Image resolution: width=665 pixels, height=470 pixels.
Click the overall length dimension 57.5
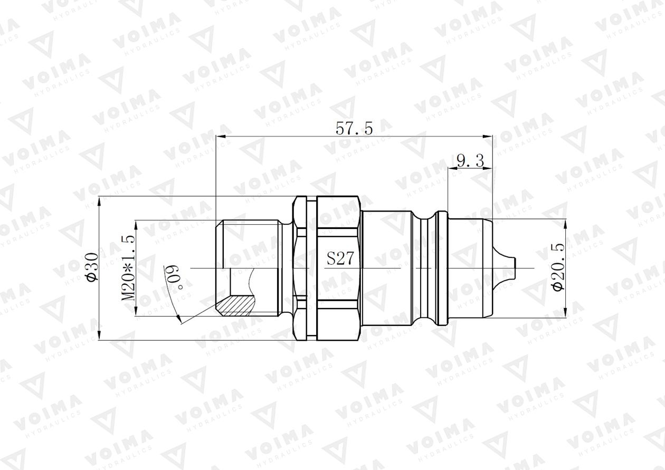(x=354, y=128)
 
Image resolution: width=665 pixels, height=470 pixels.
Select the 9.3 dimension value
(x=470, y=161)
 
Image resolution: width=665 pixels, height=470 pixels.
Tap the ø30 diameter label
(x=92, y=268)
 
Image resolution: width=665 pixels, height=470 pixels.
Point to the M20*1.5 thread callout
(x=129, y=268)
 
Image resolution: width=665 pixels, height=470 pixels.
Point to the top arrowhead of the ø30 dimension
(x=99, y=200)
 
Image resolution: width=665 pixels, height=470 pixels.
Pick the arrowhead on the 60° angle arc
(x=179, y=318)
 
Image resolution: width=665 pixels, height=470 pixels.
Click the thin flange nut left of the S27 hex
(x=300, y=268)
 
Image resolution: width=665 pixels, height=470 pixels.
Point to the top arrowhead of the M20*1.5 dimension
(x=136, y=224)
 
